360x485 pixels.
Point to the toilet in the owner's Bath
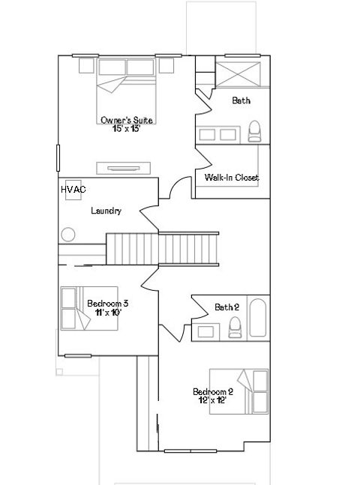[x=254, y=131]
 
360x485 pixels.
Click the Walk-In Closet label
[x=232, y=178]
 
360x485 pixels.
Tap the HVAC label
[x=73, y=190]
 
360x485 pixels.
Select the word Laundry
[x=106, y=211]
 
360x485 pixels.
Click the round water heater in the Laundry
[x=68, y=235]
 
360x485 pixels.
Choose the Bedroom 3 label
[x=107, y=304]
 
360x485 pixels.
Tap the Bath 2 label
[x=226, y=307]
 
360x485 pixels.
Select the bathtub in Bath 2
[x=257, y=319]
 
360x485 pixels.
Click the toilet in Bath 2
[x=234, y=326]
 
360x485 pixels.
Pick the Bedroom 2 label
[x=213, y=391]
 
